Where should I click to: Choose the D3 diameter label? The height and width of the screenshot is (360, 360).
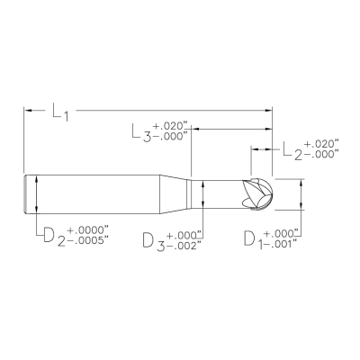pyautogui.click(x=154, y=240)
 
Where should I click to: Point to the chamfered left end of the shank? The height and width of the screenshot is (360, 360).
pyautogui.click(x=25, y=193)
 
